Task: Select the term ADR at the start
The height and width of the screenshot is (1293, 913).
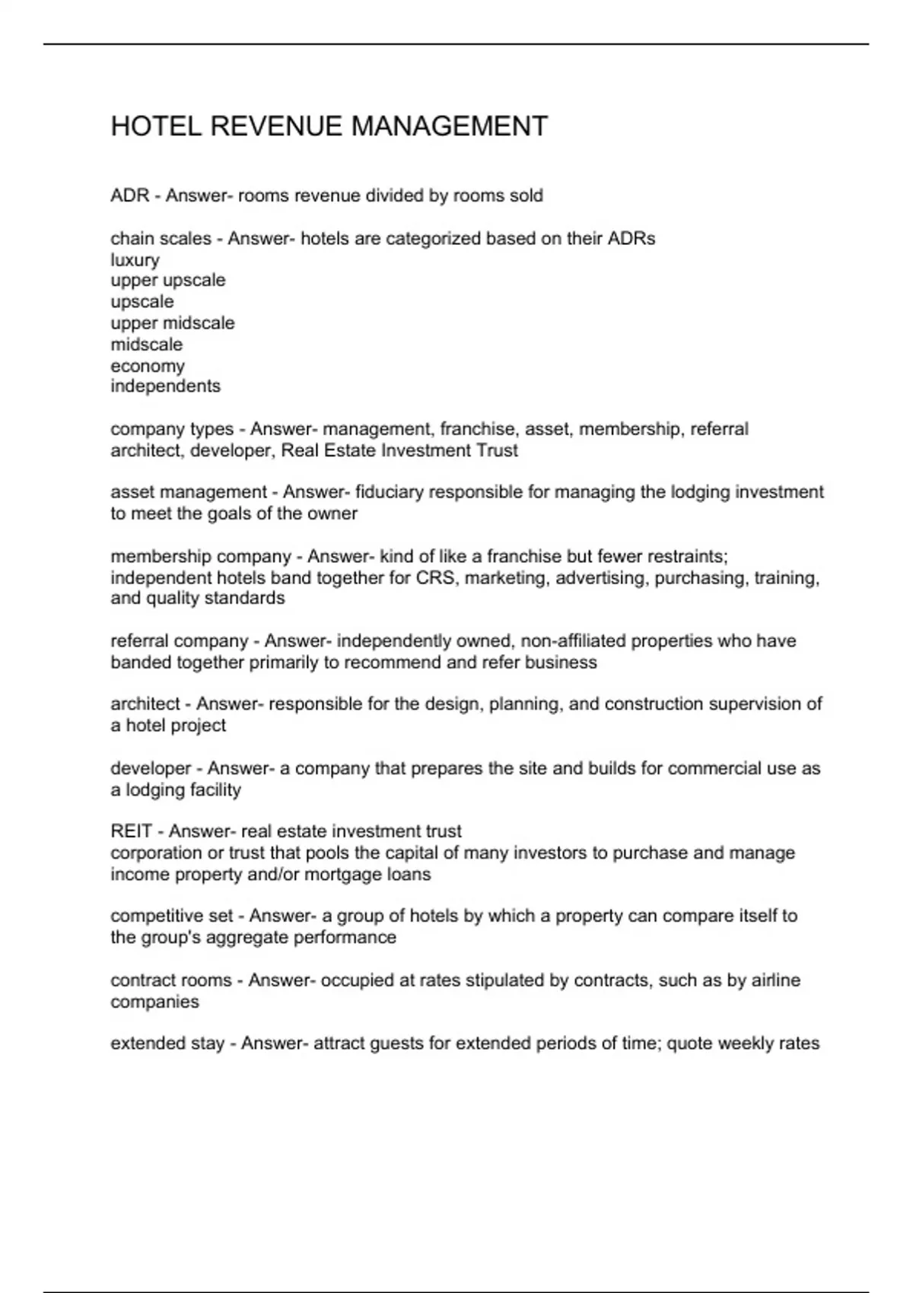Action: coord(129,195)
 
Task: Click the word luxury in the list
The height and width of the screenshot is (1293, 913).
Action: coord(135,260)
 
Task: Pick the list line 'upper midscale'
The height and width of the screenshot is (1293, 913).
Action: coord(173,323)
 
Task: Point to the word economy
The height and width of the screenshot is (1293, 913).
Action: coord(148,366)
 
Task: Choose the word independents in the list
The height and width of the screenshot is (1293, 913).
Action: coord(165,386)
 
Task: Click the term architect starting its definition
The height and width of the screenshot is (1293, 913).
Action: coord(145,704)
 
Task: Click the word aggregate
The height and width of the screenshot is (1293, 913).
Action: coord(247,937)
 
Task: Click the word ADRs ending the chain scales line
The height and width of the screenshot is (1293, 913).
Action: coord(631,239)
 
